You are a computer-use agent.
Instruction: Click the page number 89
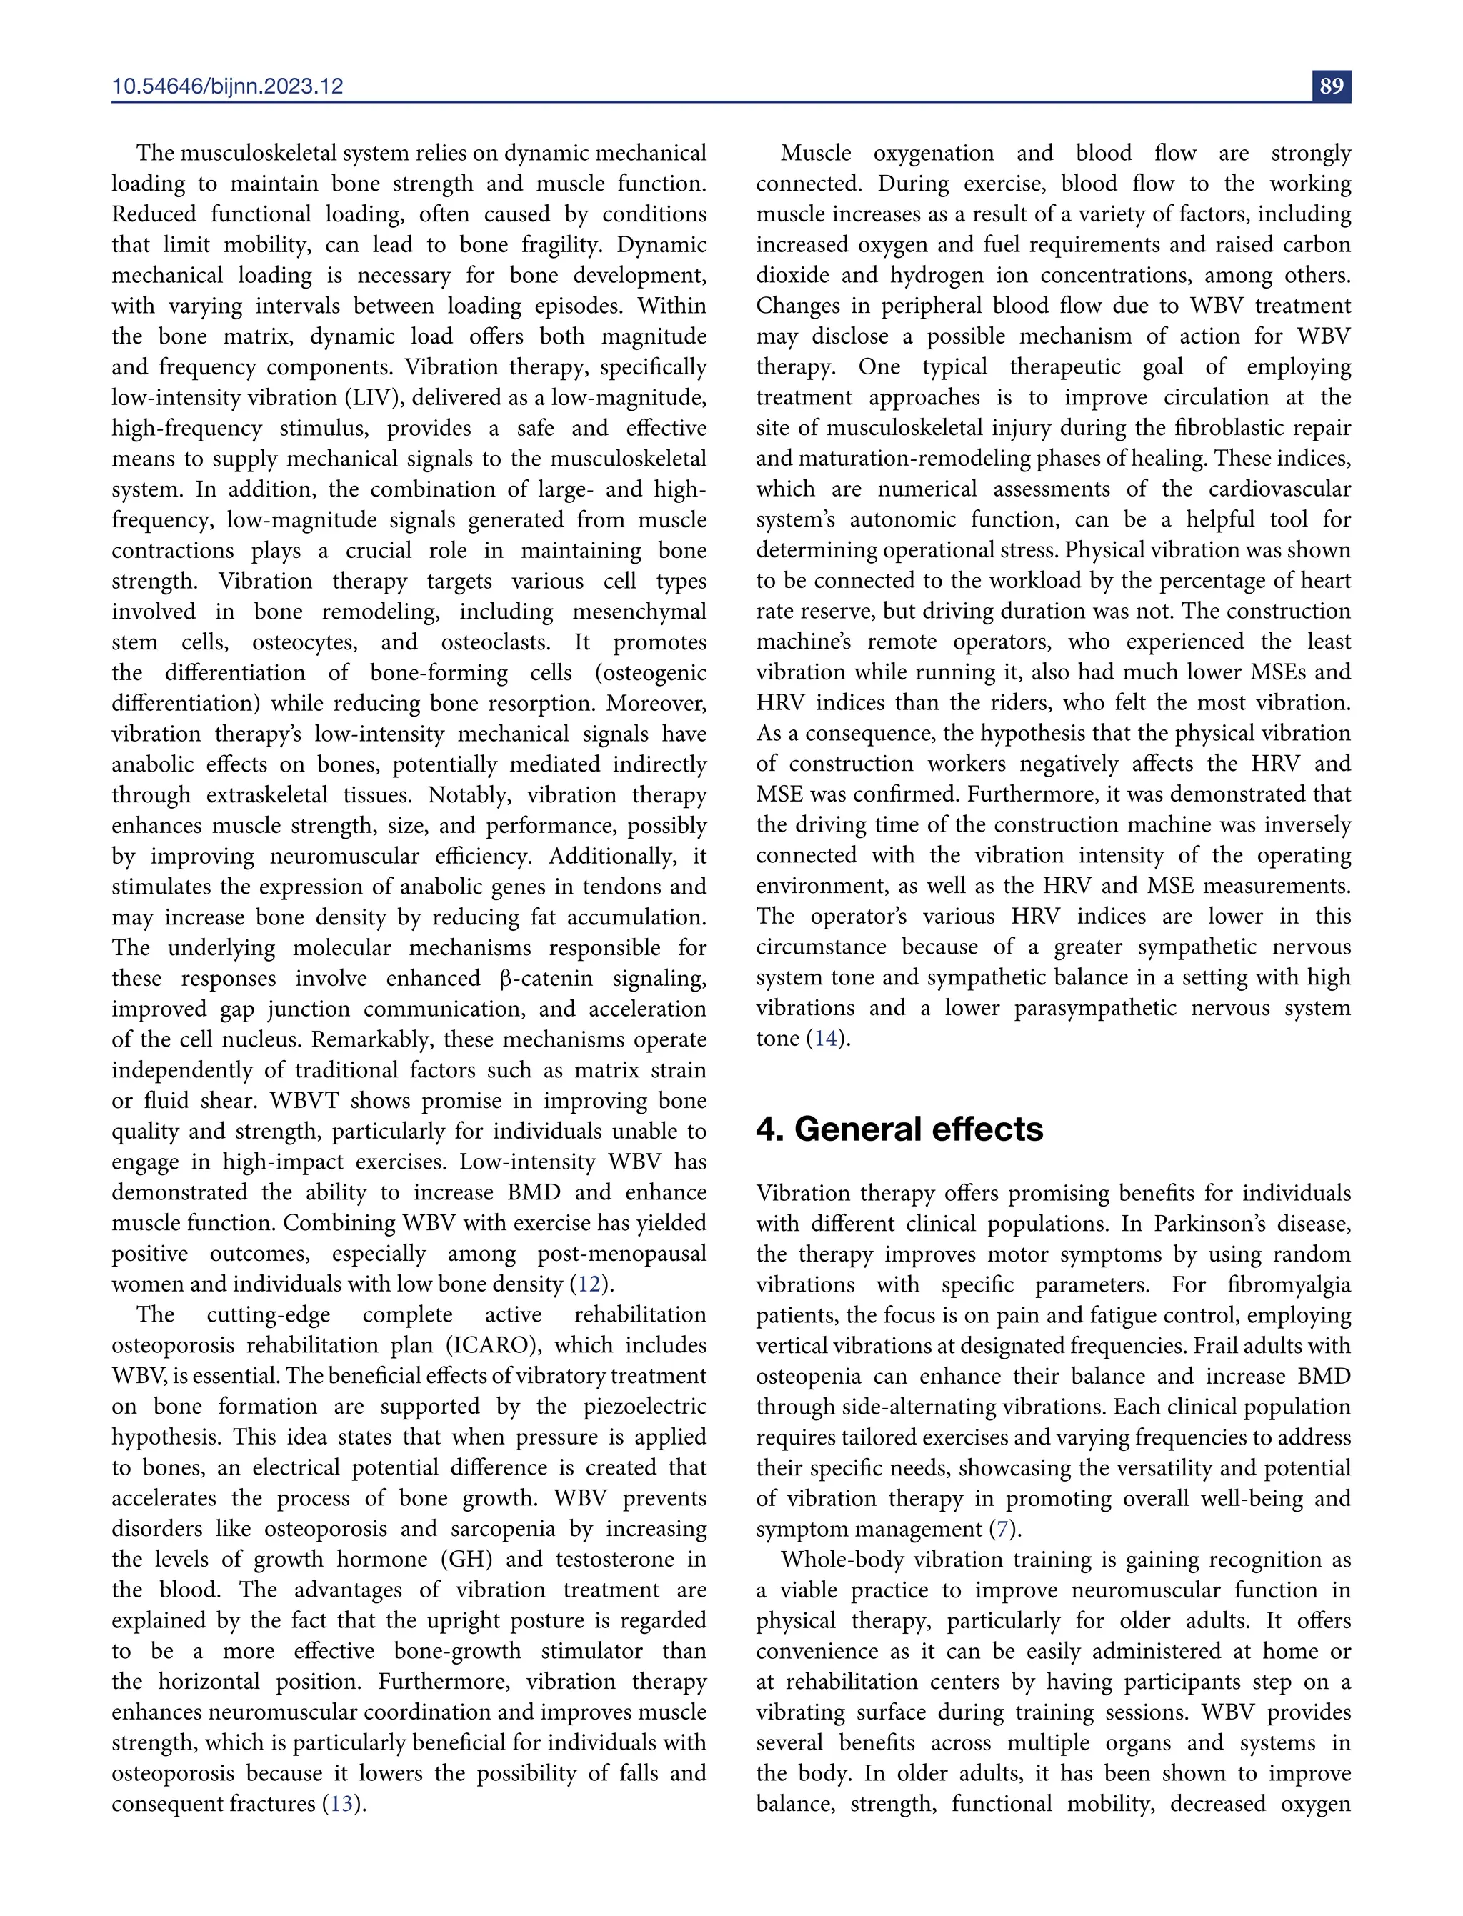1331,86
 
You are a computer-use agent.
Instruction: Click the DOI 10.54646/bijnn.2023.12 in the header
227,86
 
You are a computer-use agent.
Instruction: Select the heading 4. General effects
899,1129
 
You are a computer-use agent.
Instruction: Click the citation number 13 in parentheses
341,1804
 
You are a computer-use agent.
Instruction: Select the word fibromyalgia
1289,1284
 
